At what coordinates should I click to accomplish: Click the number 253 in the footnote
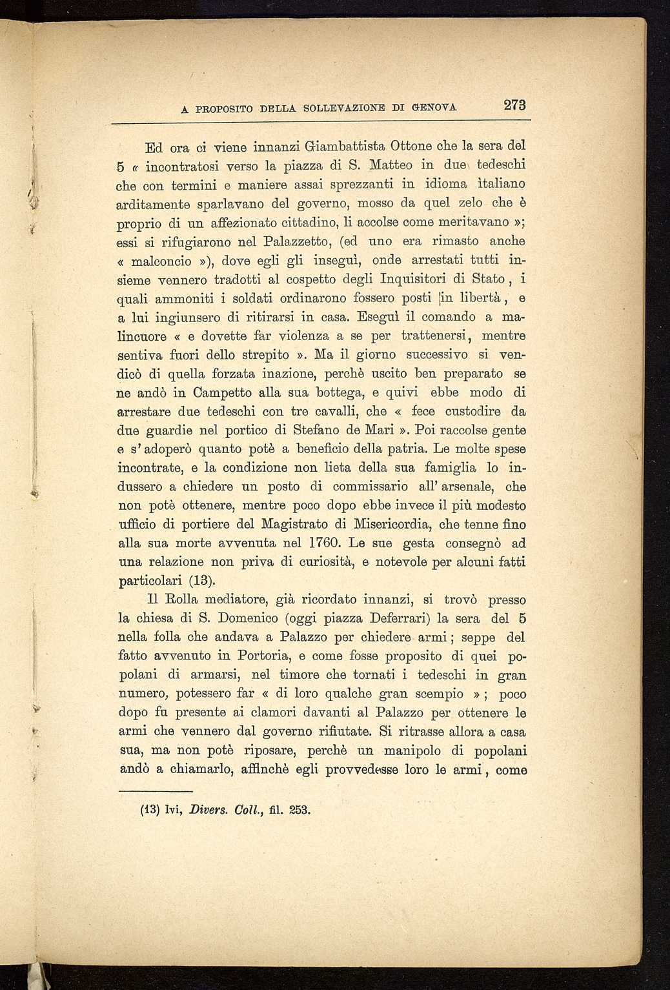pyautogui.click(x=299, y=809)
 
